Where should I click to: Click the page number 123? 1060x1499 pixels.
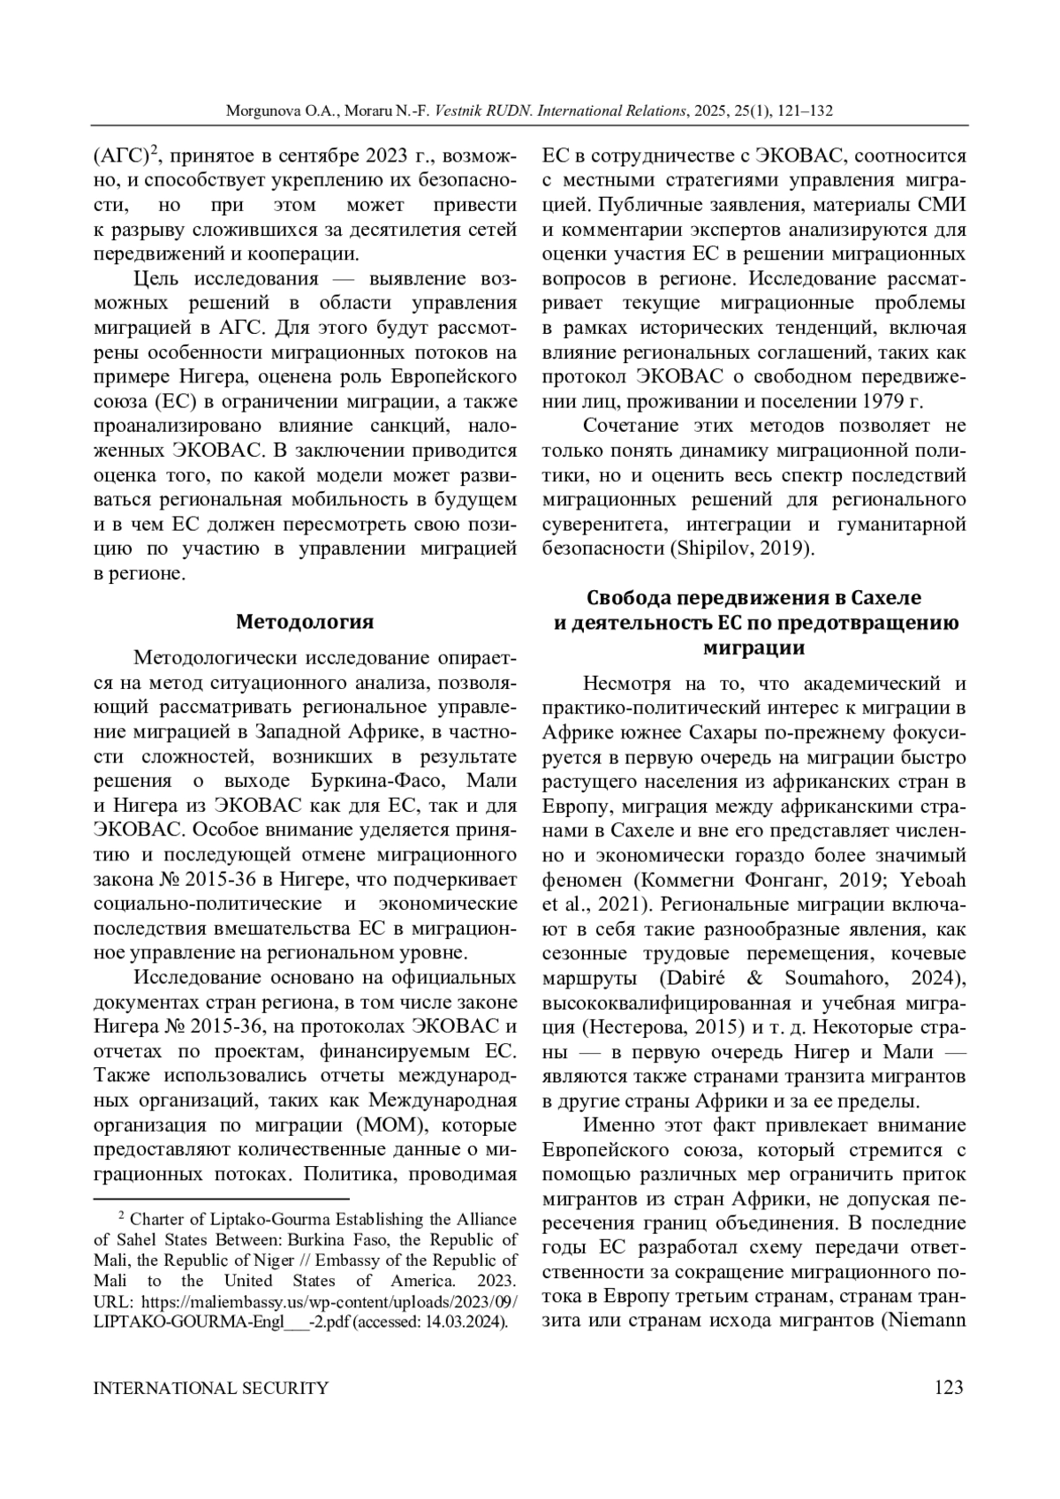(x=948, y=1388)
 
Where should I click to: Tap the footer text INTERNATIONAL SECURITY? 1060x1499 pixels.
(x=211, y=1388)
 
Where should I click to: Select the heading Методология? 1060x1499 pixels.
(x=305, y=622)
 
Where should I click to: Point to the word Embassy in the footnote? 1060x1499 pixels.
(x=342, y=1261)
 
